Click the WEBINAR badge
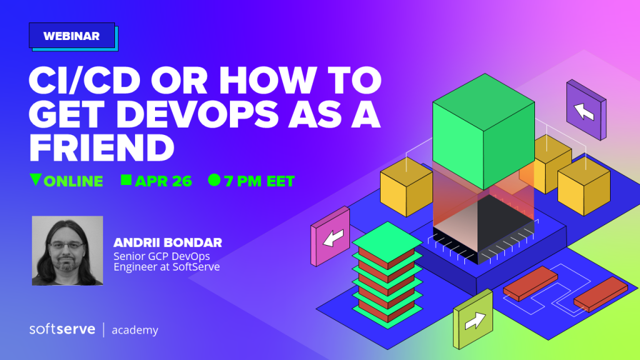point(72,36)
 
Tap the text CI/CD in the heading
point(84,80)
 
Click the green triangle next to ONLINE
point(36,179)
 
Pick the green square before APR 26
point(126,180)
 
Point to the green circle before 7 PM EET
point(214,180)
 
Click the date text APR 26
point(163,181)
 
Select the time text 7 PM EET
point(259,181)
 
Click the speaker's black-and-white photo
point(67,251)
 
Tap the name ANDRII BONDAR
point(167,242)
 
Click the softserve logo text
point(62,329)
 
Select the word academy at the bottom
point(135,330)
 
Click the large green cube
point(484,131)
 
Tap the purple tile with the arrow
point(586,110)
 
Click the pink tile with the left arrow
point(331,236)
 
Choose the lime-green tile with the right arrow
point(473,319)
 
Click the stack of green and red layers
point(387,275)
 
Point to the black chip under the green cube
point(484,229)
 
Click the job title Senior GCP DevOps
point(162,256)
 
